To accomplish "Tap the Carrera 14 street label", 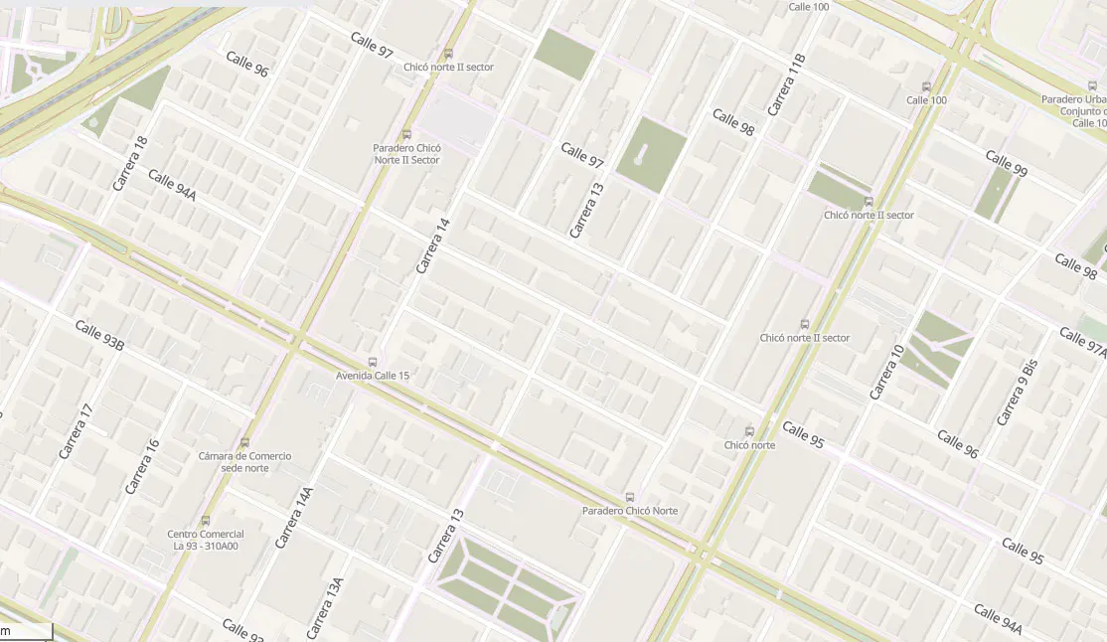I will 433,246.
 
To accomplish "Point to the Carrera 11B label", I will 785,85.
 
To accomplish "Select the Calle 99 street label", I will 1006,163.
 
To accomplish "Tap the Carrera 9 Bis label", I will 1017,393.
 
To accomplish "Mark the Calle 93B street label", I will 99,336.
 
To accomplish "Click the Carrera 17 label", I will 76,431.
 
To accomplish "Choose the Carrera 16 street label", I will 142,466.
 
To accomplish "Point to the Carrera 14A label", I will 294,518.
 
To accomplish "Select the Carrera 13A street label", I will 325,608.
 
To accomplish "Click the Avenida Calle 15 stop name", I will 372,376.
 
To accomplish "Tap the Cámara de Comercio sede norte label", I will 244,462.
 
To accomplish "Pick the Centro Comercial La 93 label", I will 206,540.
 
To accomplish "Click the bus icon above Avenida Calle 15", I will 373,362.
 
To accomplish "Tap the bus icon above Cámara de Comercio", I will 244,442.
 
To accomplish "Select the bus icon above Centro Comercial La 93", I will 206,520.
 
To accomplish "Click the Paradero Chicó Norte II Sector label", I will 405,153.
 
